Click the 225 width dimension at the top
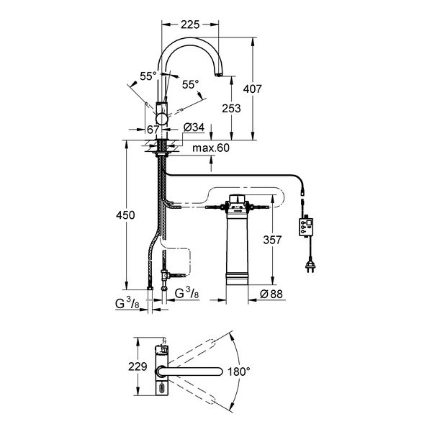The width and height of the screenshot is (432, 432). (x=190, y=24)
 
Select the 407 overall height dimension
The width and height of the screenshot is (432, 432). (x=253, y=89)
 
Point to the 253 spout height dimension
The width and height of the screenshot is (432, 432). (x=231, y=108)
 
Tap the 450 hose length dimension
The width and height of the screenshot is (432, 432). (x=125, y=215)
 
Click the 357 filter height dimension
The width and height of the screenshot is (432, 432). (x=272, y=240)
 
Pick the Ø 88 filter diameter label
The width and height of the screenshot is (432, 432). (x=271, y=294)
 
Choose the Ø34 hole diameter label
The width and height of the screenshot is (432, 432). (x=194, y=127)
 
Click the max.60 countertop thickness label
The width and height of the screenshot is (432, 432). (x=211, y=148)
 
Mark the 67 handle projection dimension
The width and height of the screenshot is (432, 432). (x=153, y=130)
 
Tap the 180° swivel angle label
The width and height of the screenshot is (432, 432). (x=239, y=372)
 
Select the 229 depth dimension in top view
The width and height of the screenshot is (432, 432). (x=138, y=366)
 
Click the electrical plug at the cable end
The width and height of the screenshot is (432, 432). (x=310, y=267)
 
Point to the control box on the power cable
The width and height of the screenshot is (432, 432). (x=306, y=228)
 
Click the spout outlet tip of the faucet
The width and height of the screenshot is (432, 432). (x=218, y=74)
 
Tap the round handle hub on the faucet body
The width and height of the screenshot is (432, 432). (x=162, y=119)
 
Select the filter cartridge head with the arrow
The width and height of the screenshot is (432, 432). (x=237, y=204)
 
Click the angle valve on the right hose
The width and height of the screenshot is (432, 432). (x=165, y=275)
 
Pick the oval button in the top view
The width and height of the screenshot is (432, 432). (x=162, y=389)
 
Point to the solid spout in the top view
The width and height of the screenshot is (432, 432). (x=190, y=372)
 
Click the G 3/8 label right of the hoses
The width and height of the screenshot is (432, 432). (x=186, y=294)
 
